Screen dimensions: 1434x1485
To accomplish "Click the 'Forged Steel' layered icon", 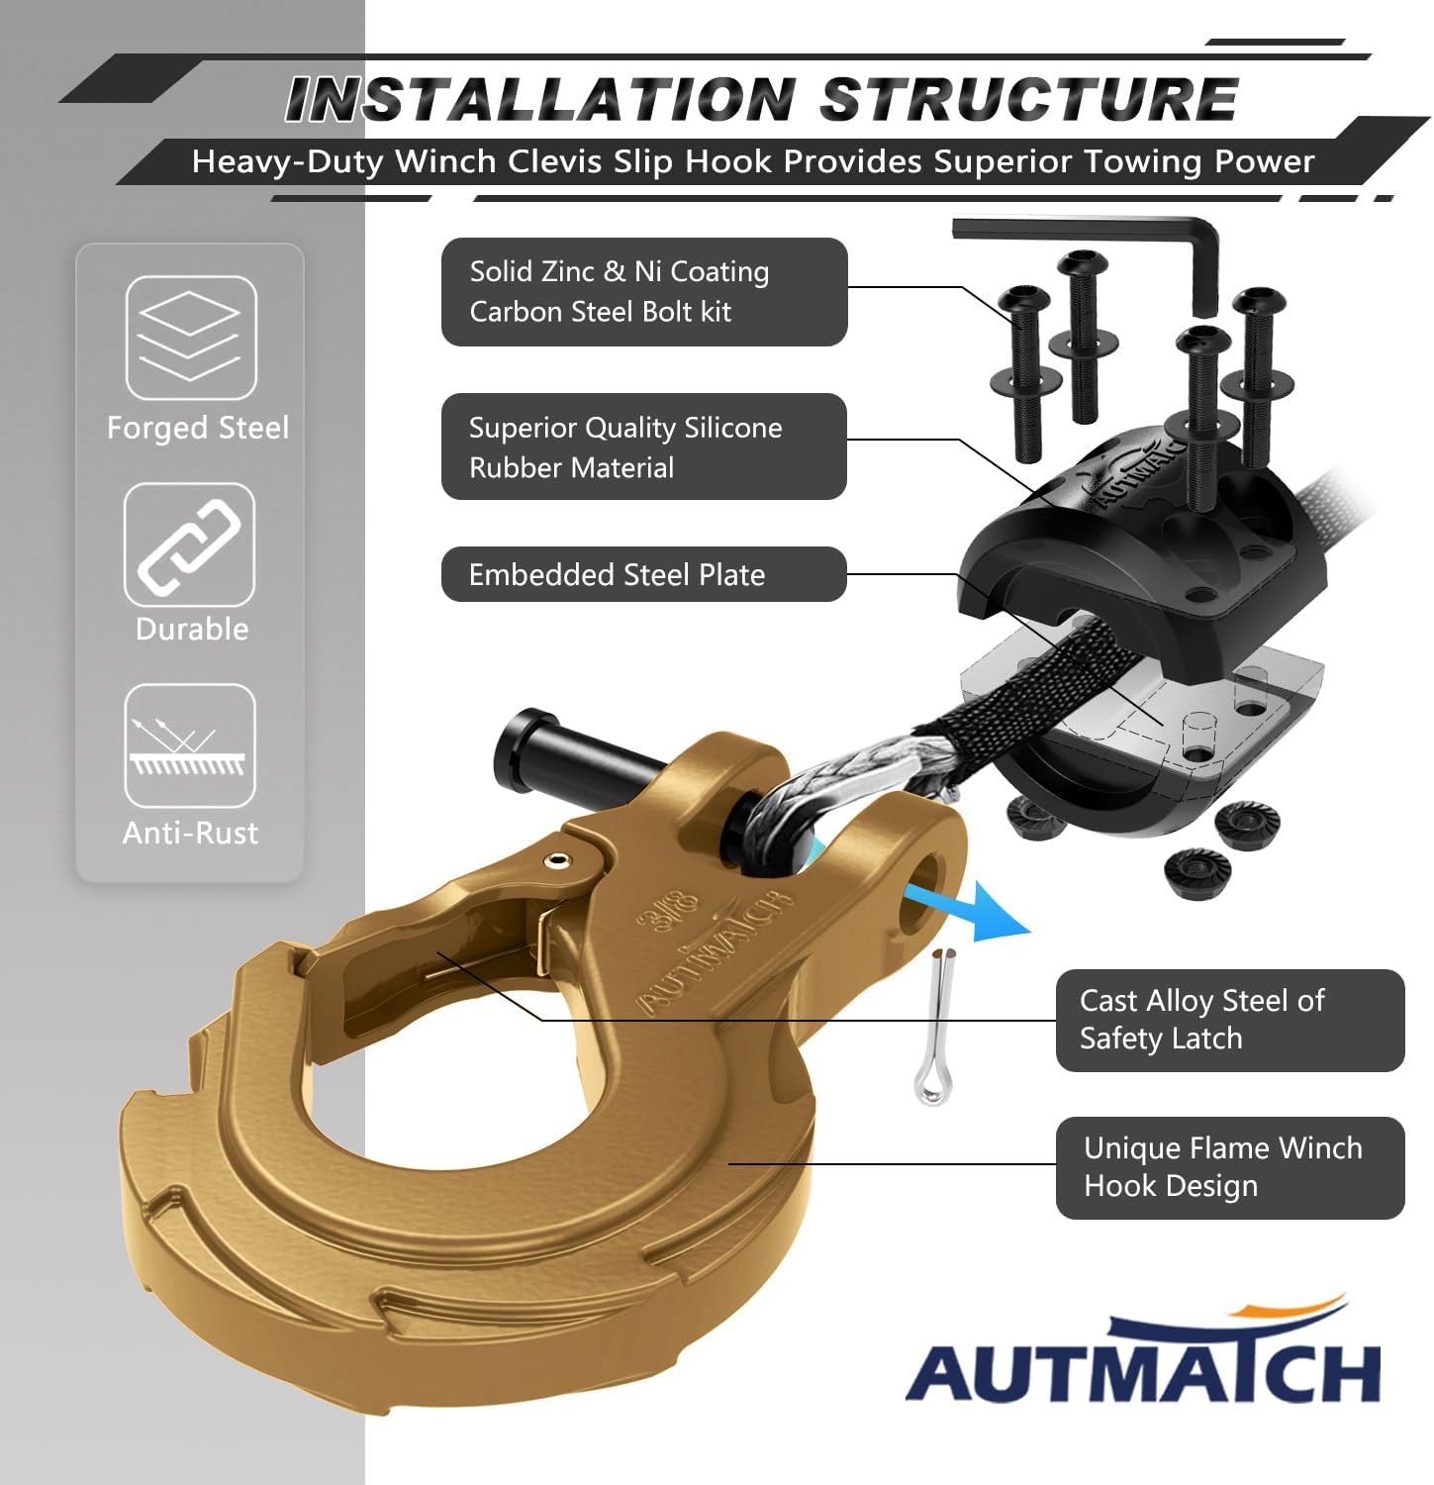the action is click(x=191, y=338).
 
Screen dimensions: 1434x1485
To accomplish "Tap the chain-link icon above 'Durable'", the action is click(x=189, y=544).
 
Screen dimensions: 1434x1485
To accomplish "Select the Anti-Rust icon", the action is click(x=189, y=745).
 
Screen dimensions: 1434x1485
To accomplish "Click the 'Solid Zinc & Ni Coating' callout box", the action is click(x=644, y=292).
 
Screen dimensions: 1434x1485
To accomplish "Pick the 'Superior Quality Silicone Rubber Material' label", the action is click(x=644, y=446).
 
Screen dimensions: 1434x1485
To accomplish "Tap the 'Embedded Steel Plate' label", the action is click(x=644, y=574).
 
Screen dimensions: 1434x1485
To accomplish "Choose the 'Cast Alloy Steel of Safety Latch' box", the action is click(x=1230, y=1020).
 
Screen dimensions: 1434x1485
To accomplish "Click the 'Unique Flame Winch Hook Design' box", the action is click(x=1230, y=1167).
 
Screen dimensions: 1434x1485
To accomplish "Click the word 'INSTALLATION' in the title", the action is click(x=540, y=100).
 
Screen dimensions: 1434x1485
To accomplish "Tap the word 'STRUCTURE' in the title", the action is click(x=1029, y=100).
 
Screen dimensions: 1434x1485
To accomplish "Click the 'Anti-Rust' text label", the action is click(x=190, y=833).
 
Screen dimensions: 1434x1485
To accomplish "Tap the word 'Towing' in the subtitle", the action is click(x=1143, y=161).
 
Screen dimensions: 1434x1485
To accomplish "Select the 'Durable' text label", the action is click(x=192, y=629).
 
